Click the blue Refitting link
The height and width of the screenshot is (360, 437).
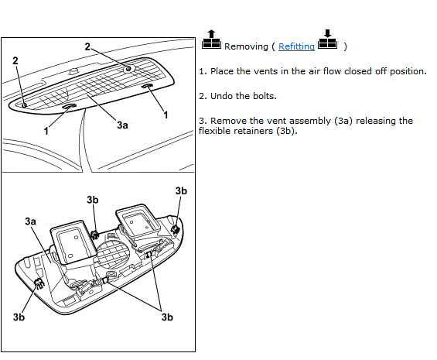pos(296,46)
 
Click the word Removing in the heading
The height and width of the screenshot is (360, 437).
pos(246,46)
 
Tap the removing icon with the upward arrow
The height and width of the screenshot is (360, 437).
pos(211,39)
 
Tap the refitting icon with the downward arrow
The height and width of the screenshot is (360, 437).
pos(327,39)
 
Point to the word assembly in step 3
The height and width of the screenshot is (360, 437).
pos(305,121)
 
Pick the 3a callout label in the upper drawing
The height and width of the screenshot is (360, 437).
pos(123,125)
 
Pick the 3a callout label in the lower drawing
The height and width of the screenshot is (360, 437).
pos(31,221)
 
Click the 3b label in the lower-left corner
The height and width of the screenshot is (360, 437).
pos(19,317)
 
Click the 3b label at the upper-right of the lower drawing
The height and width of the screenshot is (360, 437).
pos(181,191)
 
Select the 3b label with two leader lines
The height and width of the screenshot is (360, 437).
pos(167,317)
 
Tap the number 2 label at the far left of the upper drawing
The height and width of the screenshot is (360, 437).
pos(15,60)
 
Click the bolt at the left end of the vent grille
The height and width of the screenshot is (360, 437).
pos(24,105)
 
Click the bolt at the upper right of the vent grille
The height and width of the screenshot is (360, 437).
pos(128,68)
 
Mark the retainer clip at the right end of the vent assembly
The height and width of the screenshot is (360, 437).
pos(176,230)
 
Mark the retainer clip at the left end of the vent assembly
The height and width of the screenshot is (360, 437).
pos(39,284)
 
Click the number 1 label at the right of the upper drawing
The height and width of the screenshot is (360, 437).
pos(166,115)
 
